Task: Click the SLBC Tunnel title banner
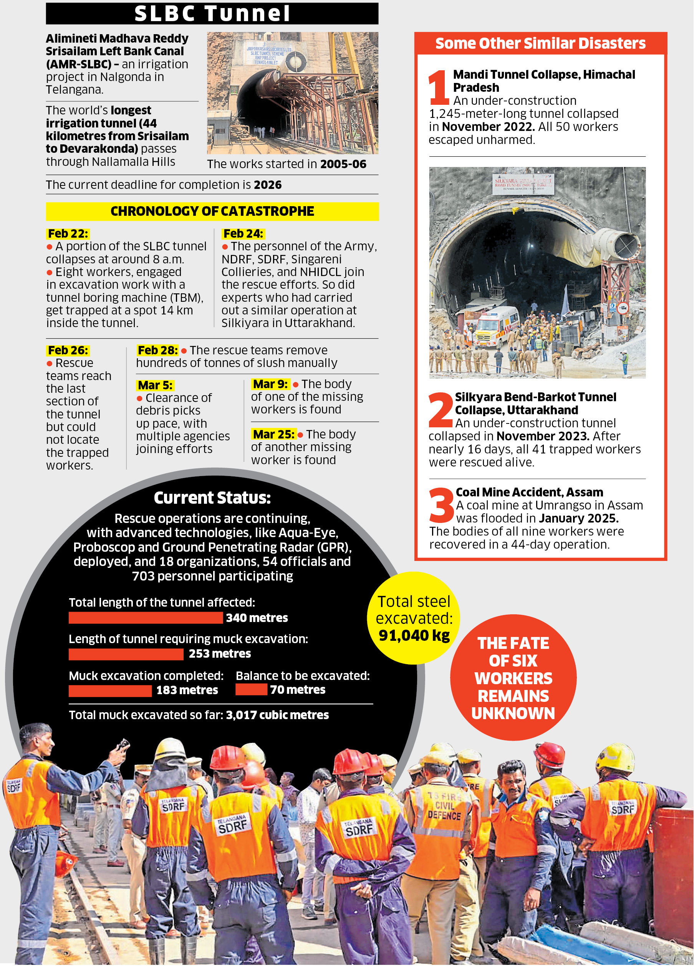click(212, 13)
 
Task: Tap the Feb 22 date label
click(68, 233)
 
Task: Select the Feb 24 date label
click(243, 233)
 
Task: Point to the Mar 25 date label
click(273, 434)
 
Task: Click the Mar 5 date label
click(155, 385)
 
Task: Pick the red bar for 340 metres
click(145, 618)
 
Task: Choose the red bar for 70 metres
click(251, 690)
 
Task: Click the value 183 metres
click(187, 690)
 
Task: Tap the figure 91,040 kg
click(414, 635)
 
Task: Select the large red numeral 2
click(441, 410)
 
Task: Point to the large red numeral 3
click(441, 506)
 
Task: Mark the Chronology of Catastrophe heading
click(212, 211)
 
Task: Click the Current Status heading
click(212, 498)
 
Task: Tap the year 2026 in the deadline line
click(268, 185)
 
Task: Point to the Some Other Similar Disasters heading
click(540, 43)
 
